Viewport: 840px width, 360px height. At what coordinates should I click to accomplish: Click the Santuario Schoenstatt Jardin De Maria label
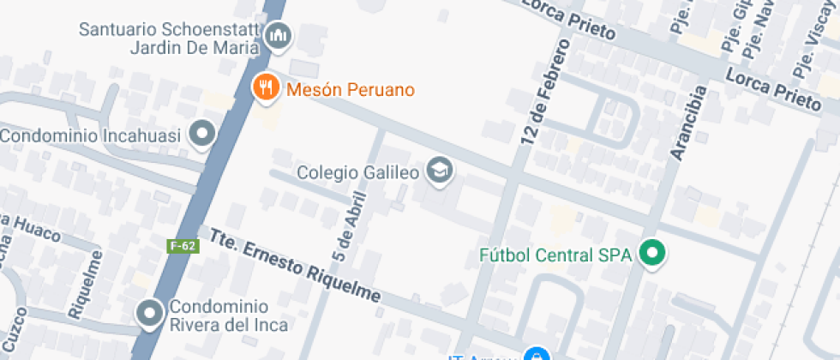click(x=168, y=39)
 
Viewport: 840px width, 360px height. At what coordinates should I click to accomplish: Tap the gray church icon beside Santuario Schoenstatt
click(x=279, y=36)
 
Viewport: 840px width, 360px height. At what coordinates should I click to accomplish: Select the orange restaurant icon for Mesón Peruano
click(x=267, y=87)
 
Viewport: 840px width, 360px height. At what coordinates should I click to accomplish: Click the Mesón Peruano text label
click(x=351, y=89)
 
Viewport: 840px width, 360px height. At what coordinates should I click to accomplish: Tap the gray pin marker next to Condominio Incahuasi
click(x=203, y=133)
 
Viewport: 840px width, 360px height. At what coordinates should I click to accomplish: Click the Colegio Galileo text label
click(x=357, y=172)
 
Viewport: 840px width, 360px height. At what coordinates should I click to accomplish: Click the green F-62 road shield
click(x=183, y=246)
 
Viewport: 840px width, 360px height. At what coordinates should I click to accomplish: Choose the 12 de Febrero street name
click(x=543, y=93)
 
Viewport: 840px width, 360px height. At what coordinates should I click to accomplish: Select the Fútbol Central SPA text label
click(x=555, y=255)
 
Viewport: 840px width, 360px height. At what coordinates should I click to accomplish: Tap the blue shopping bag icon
click(x=536, y=355)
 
